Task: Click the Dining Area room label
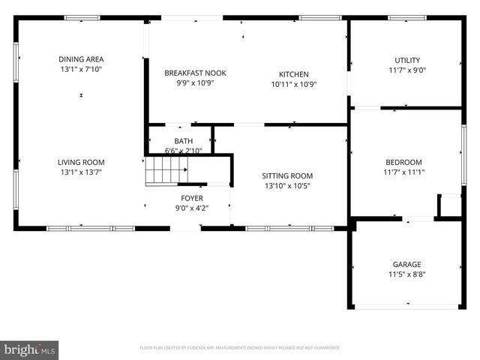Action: pyautogui.click(x=81, y=59)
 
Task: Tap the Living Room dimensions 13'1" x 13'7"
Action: pyautogui.click(x=81, y=172)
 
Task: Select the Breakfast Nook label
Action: pyautogui.click(x=195, y=73)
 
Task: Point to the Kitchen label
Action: pyautogui.click(x=293, y=74)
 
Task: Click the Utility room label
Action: pyautogui.click(x=407, y=61)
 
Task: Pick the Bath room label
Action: pyautogui.click(x=183, y=141)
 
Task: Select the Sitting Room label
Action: pyautogui.click(x=287, y=175)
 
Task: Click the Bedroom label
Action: pyautogui.click(x=403, y=162)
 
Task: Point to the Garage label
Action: pyautogui.click(x=407, y=264)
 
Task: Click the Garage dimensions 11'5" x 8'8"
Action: pyautogui.click(x=407, y=274)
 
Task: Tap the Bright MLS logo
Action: pyautogui.click(x=30, y=349)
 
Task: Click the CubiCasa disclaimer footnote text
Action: pyautogui.click(x=240, y=348)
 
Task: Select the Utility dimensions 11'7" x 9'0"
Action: pyautogui.click(x=407, y=70)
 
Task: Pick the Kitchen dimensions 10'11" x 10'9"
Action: pyautogui.click(x=293, y=84)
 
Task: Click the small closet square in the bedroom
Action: pyautogui.click(x=450, y=206)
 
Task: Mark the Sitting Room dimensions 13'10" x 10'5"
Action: pyautogui.click(x=287, y=185)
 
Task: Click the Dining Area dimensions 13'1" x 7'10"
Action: pyautogui.click(x=81, y=69)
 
